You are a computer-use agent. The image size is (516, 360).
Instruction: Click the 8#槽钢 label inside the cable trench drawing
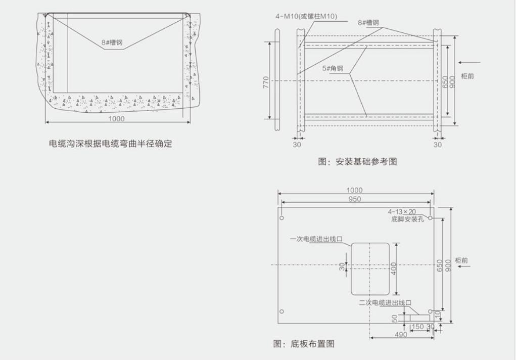pos(112,42)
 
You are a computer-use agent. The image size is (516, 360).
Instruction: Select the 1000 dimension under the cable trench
pos(117,119)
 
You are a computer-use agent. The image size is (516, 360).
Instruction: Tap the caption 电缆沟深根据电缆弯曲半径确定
pos(111,144)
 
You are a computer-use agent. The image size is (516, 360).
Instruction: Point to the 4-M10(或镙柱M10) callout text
pos(306,16)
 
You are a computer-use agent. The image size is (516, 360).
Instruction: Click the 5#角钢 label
pos(333,68)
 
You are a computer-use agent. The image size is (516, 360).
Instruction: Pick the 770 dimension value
pos(266,82)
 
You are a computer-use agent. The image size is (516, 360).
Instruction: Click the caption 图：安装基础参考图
pos(357,162)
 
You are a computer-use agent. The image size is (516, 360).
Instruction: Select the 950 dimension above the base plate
pos(354,199)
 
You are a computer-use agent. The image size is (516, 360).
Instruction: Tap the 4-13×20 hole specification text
pos(402,212)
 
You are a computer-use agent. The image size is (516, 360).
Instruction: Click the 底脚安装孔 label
pos(407,219)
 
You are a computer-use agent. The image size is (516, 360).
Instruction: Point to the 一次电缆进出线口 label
pos(316,239)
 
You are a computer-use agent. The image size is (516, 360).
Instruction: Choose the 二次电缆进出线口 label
pos(385,302)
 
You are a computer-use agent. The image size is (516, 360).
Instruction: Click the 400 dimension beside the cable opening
pos(394,269)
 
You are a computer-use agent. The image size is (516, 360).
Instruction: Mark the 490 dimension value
pos(401,335)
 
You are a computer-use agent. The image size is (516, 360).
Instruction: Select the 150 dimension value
pos(417,327)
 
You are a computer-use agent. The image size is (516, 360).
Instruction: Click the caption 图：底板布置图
pos(304,344)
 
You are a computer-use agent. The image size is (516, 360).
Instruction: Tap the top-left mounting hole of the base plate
pos(282,218)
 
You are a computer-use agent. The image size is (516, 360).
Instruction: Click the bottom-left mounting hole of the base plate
pos(282,311)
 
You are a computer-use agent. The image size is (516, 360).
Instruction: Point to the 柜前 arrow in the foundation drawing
pos(470,62)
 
